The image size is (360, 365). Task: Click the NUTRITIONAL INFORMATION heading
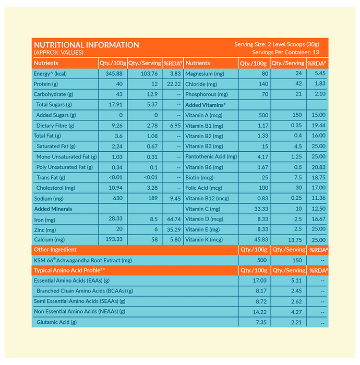tap(86, 45)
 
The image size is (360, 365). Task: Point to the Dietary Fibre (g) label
tap(55, 126)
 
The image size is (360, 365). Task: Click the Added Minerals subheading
tap(53, 209)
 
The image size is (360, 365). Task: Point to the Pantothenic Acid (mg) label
tap(211, 156)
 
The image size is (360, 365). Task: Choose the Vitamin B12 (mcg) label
tap(207, 198)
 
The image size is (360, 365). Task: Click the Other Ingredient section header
tap(55, 250)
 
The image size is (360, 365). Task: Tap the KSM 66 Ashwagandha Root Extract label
tap(82, 260)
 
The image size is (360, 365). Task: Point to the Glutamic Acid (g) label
tap(56, 322)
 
